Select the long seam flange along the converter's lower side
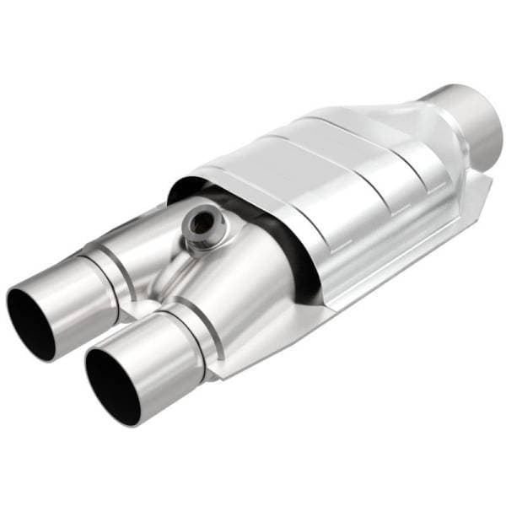379,270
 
